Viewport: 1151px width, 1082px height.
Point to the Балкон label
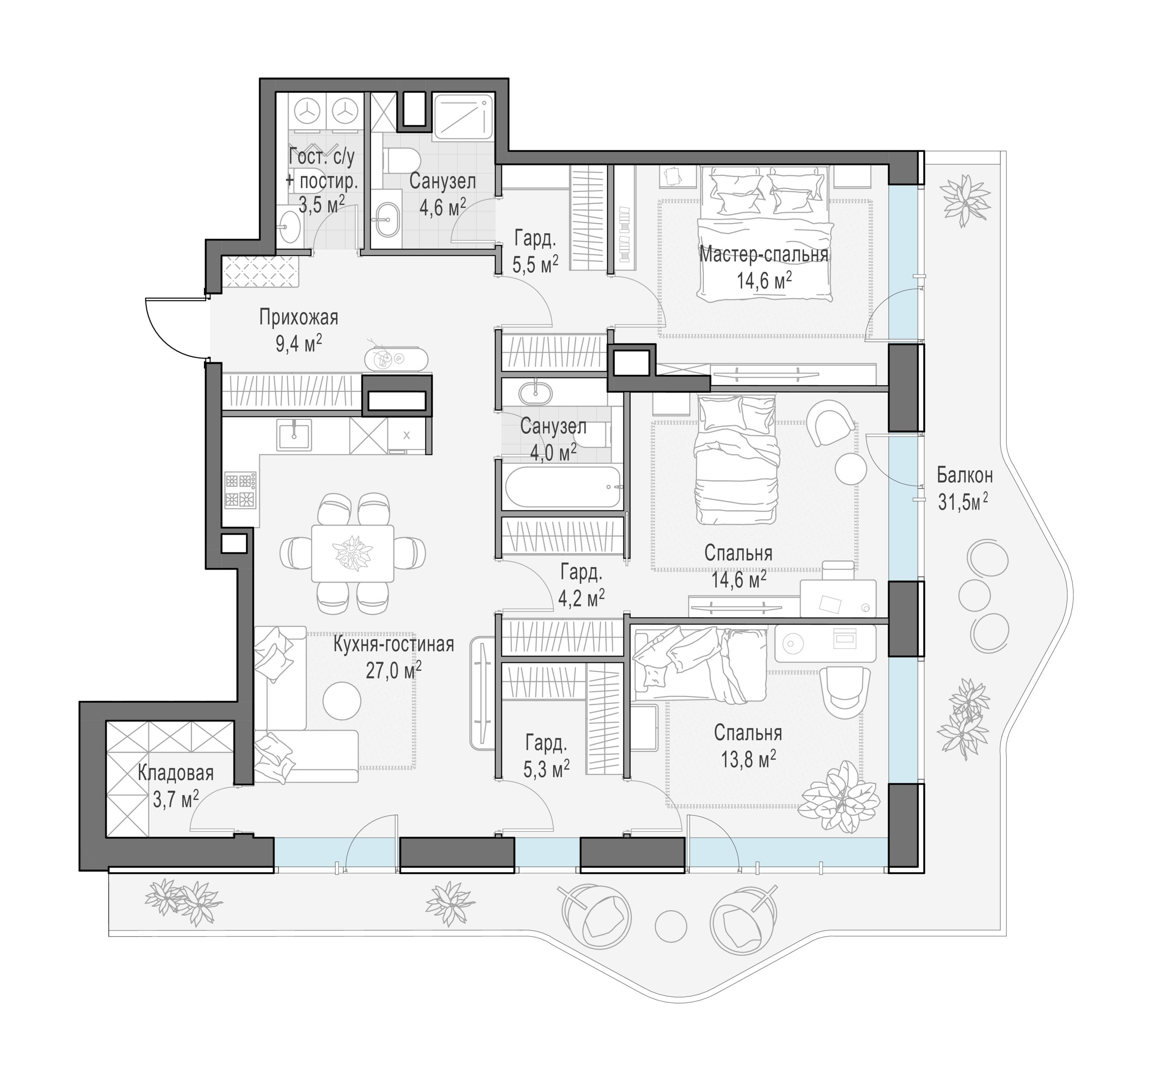point(965,476)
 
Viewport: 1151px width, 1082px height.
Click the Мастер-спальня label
point(764,254)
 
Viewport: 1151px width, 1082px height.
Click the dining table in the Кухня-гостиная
point(353,553)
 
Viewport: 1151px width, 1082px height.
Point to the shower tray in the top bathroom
point(462,116)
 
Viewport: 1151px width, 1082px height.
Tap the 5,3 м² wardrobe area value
point(547,768)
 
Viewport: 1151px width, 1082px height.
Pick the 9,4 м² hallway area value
point(299,343)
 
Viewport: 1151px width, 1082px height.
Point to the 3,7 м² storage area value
point(176,799)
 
